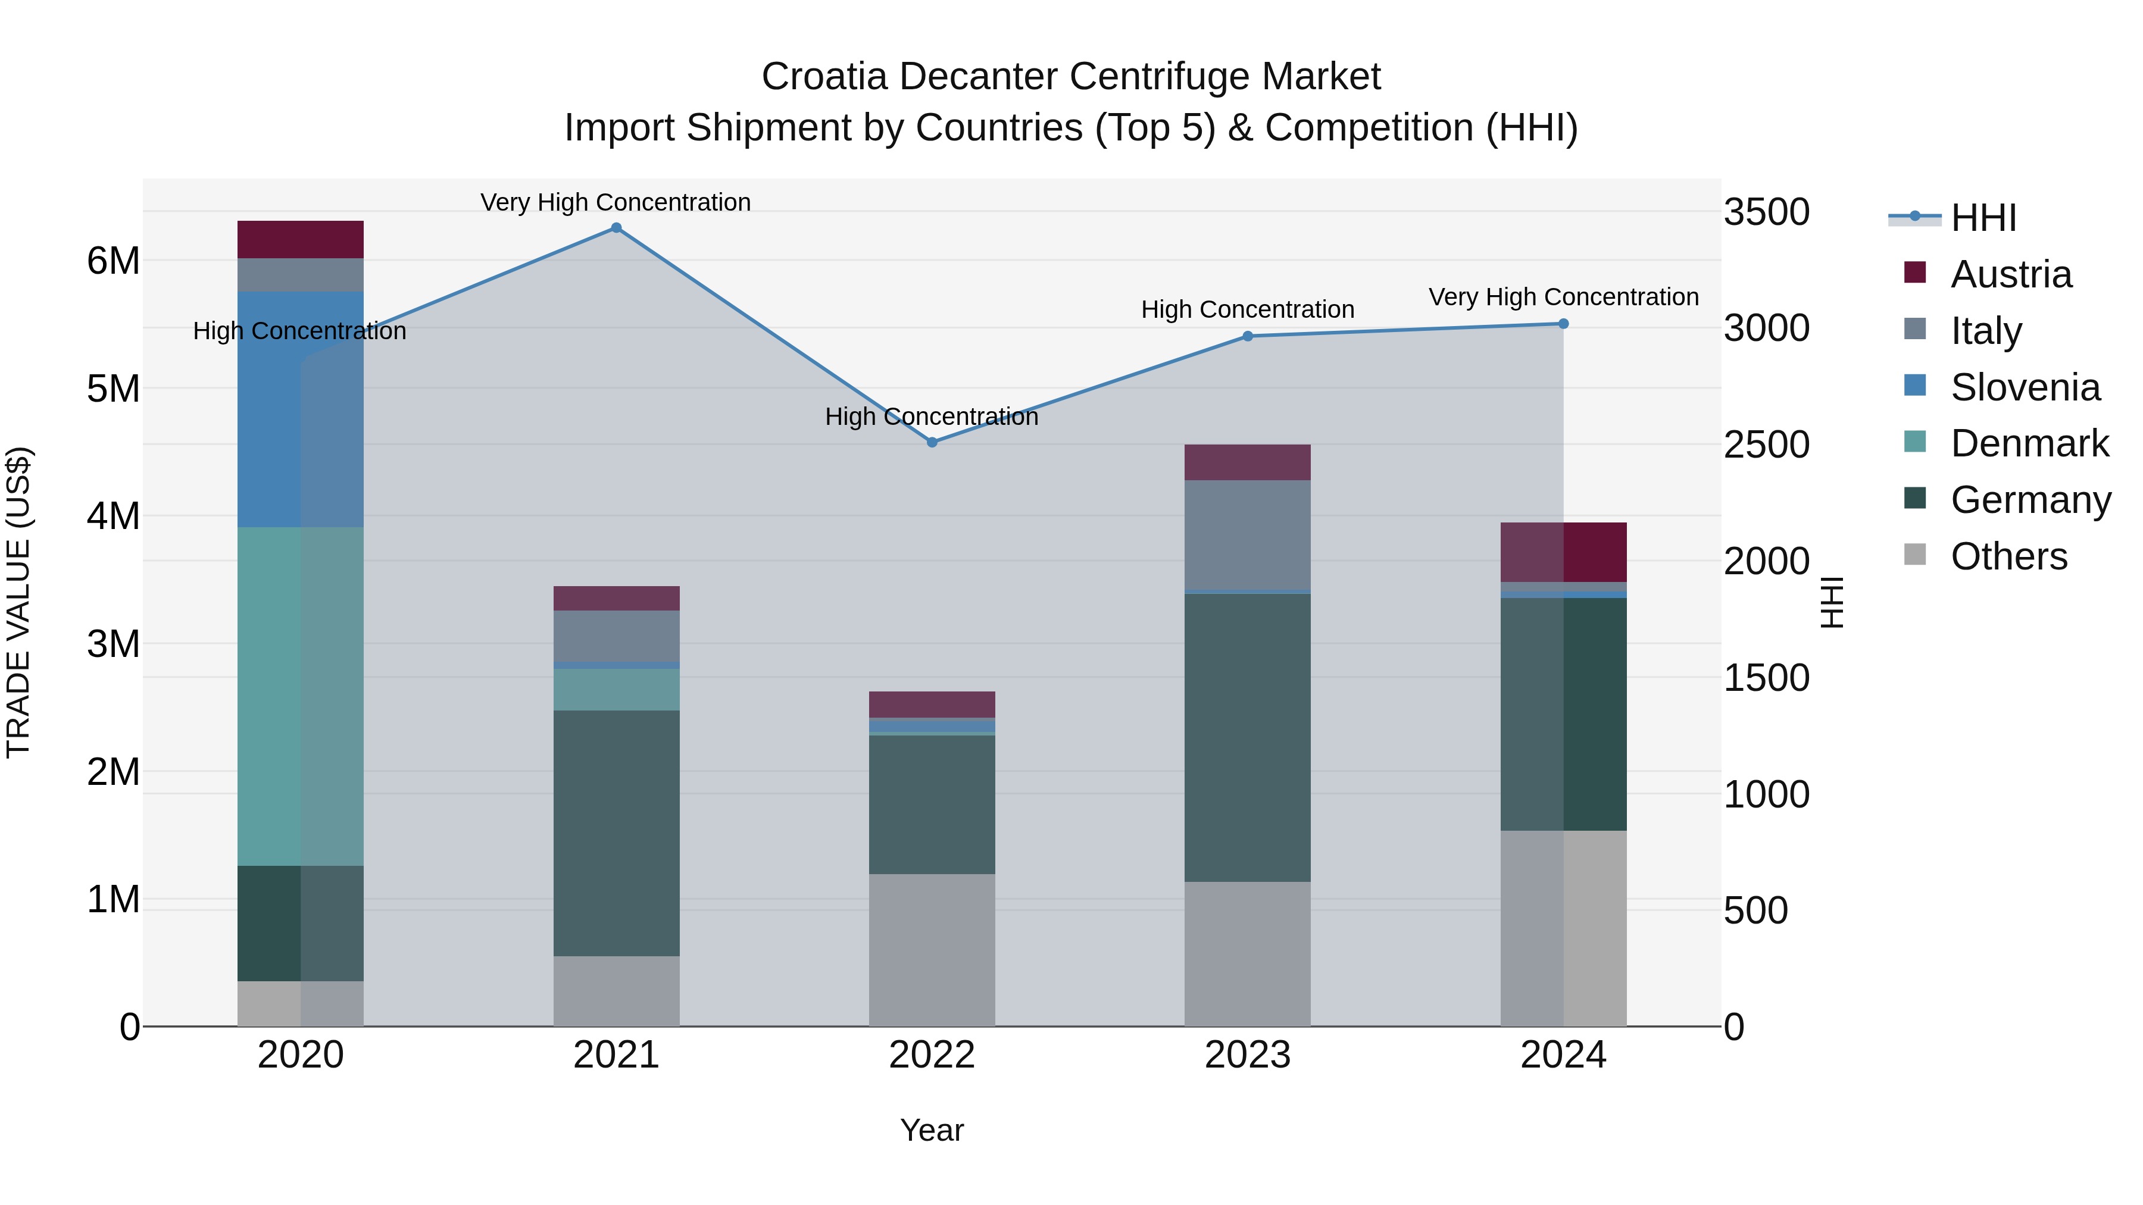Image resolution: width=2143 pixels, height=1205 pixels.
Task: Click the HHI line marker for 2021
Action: point(616,228)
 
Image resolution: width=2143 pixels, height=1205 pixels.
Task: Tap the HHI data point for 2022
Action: point(932,442)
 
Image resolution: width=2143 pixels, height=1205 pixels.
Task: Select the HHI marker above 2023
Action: point(1247,336)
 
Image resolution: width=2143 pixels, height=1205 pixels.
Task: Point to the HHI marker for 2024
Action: point(1563,324)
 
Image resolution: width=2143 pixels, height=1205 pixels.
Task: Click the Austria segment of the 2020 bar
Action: point(301,239)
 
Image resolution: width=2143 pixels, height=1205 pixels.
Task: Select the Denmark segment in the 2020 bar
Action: point(301,696)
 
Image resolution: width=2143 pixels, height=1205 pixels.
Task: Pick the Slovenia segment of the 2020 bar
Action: point(301,409)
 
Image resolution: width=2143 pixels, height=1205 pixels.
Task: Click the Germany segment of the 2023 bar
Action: point(1247,738)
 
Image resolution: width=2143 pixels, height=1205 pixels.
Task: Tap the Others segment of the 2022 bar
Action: point(932,950)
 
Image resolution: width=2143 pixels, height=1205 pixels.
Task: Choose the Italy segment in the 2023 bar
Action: point(1247,535)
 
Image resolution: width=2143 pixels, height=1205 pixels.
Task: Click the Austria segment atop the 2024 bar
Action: point(1563,552)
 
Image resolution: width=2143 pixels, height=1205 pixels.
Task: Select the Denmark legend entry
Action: point(2029,443)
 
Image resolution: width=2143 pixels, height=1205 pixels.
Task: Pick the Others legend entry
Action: point(2008,556)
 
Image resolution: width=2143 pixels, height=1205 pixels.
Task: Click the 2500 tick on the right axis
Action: point(1766,445)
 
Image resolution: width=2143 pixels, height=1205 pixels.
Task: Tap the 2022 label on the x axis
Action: point(932,1055)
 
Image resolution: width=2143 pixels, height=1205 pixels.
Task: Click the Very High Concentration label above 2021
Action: point(616,202)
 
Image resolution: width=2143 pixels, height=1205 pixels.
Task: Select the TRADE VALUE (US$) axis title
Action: point(18,602)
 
